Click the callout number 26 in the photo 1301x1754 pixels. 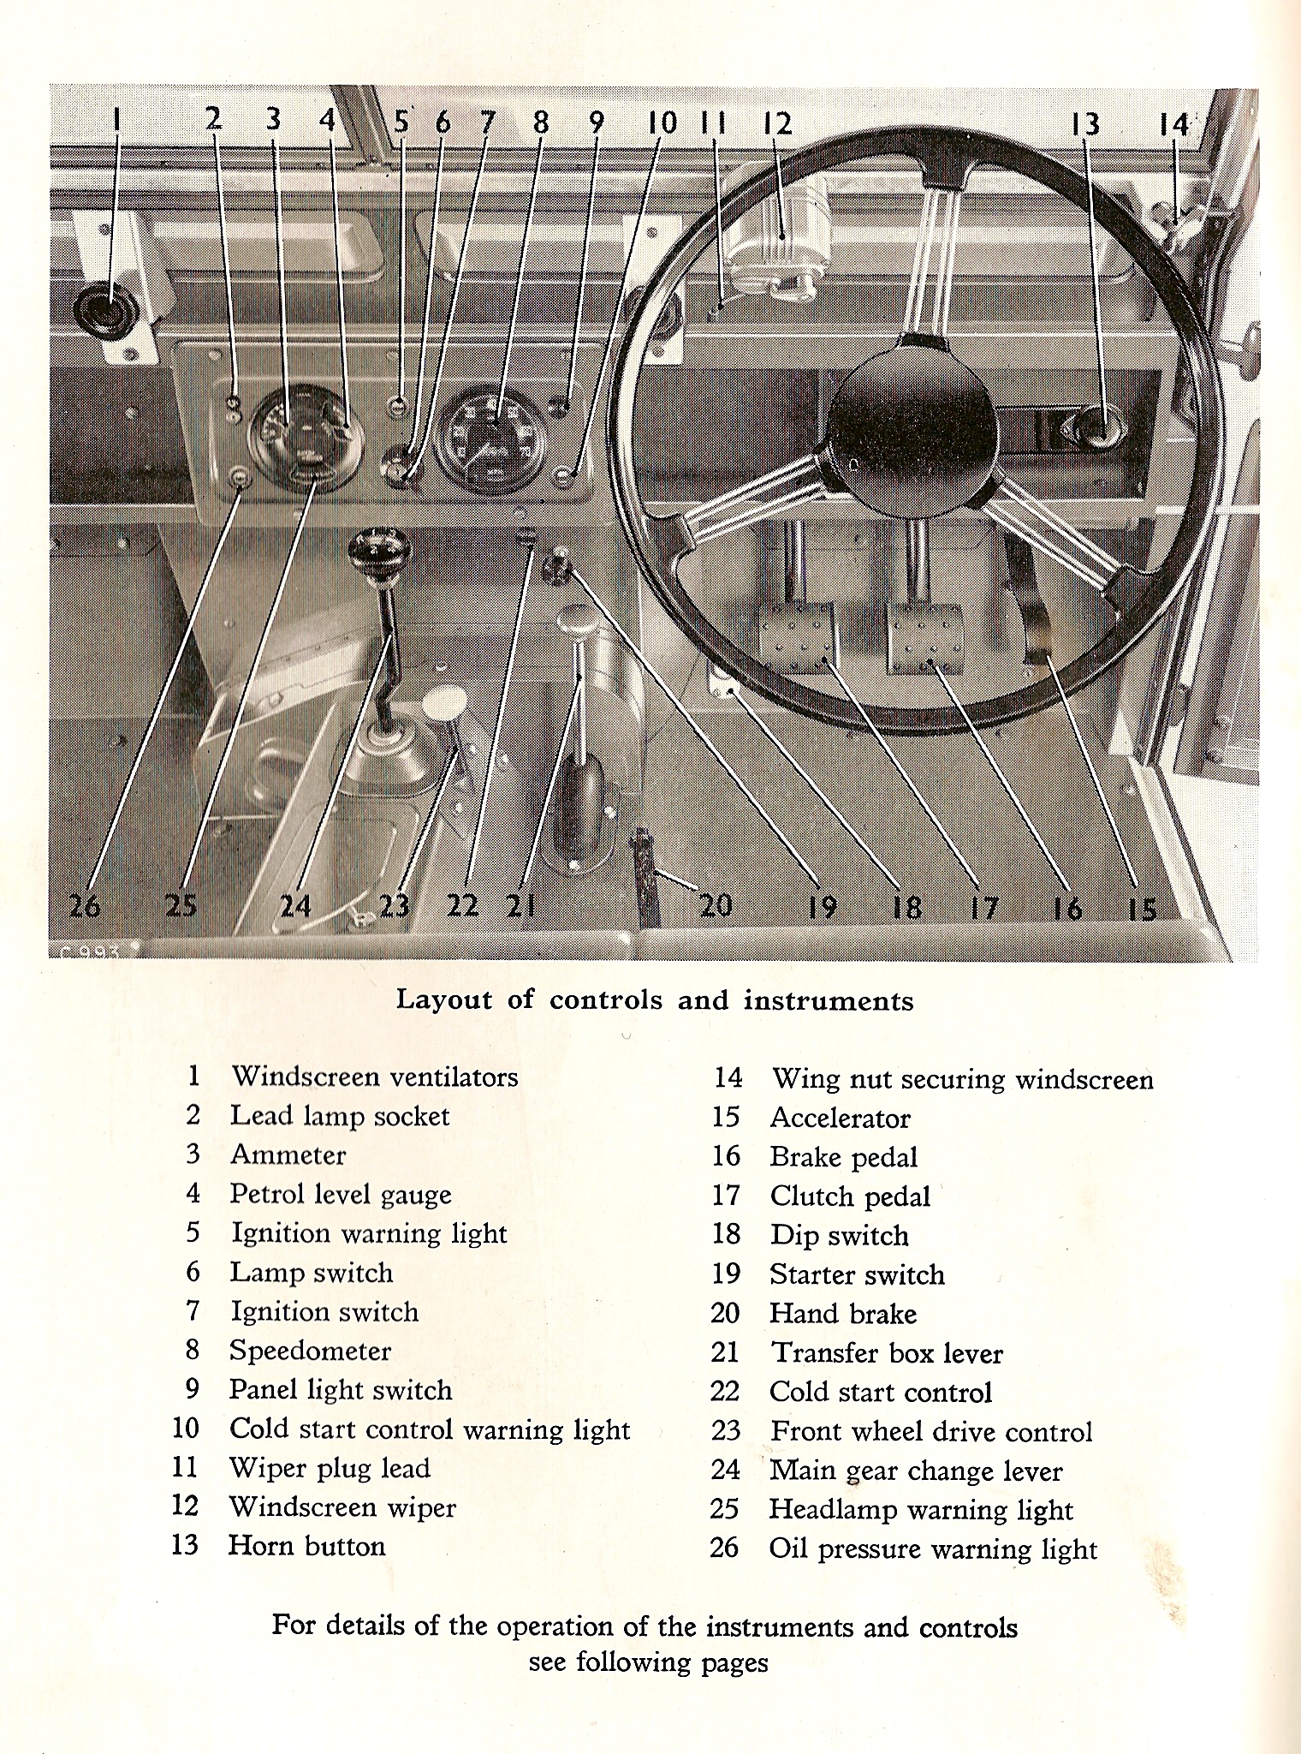pyautogui.click(x=86, y=905)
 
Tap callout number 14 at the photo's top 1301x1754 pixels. pyautogui.click(x=1174, y=125)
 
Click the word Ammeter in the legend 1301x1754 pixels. pyautogui.click(x=288, y=1155)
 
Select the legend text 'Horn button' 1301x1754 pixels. pyautogui.click(x=306, y=1546)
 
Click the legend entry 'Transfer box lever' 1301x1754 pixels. pyautogui.click(x=886, y=1353)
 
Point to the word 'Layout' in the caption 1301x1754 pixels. pyautogui.click(x=444, y=1000)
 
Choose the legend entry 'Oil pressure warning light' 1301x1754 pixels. pyautogui.click(x=933, y=1549)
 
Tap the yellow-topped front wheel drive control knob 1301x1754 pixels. pyautogui.click(x=444, y=704)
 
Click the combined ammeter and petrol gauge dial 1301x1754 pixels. pyautogui.click(x=304, y=435)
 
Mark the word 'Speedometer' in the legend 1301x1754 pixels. pyautogui.click(x=310, y=1351)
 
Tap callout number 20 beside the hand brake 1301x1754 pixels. pyautogui.click(x=716, y=904)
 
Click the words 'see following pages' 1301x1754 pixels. pyautogui.click(x=648, y=1662)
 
